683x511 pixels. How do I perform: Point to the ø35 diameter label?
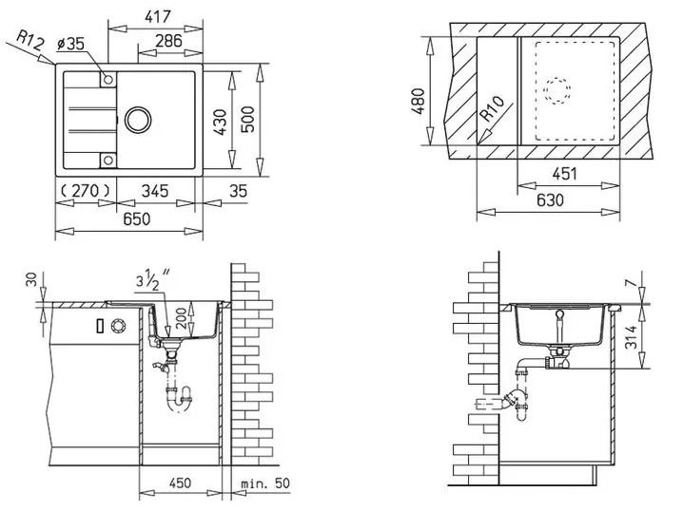[x=72, y=43]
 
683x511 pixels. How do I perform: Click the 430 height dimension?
[x=223, y=121]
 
